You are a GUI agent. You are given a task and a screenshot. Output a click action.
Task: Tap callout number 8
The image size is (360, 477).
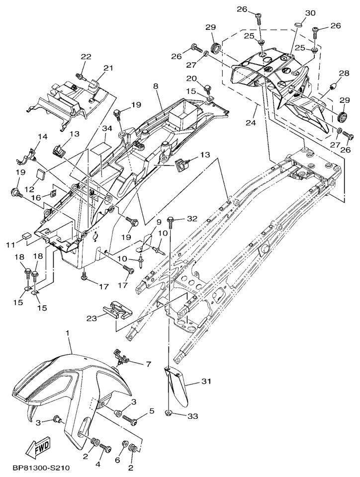(156, 86)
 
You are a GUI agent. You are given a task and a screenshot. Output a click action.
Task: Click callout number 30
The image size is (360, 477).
(310, 12)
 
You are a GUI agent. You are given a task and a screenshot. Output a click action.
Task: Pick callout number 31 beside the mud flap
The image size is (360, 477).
(206, 382)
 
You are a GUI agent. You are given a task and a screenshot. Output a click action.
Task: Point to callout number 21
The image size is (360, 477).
(108, 68)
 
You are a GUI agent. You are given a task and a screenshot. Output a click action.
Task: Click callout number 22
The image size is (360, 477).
(86, 57)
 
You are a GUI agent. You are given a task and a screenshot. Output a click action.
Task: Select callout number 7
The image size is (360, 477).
(147, 364)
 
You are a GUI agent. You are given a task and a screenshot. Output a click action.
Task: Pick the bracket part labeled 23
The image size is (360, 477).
(117, 310)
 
